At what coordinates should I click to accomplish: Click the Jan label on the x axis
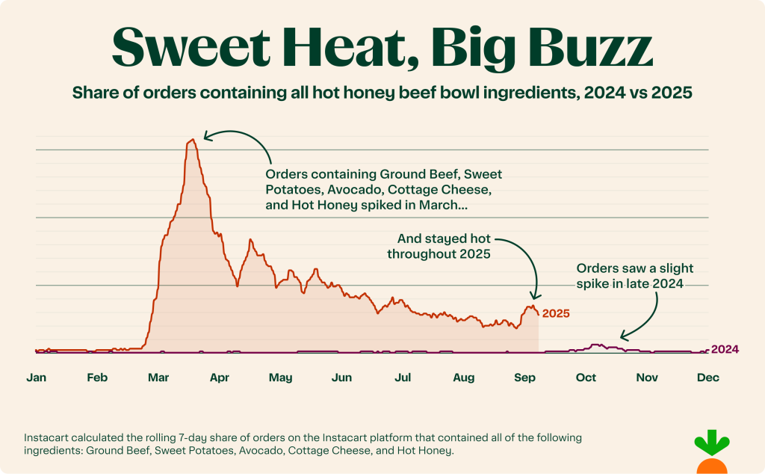[x=36, y=378]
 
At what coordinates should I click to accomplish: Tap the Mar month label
[x=158, y=378]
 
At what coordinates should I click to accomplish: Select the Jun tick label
[x=341, y=378]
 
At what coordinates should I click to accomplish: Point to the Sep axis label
[x=525, y=378]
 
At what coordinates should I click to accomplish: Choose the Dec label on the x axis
[x=707, y=378]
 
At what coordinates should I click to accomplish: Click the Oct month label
[x=586, y=378]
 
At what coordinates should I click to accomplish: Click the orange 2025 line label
[x=556, y=314]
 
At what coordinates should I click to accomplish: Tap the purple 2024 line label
[x=724, y=349]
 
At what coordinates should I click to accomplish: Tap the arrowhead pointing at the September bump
[x=534, y=297]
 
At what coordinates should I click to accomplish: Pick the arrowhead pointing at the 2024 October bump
[x=622, y=338]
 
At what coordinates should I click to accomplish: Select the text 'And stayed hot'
[x=444, y=239]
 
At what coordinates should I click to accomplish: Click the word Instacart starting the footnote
[x=49, y=437]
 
